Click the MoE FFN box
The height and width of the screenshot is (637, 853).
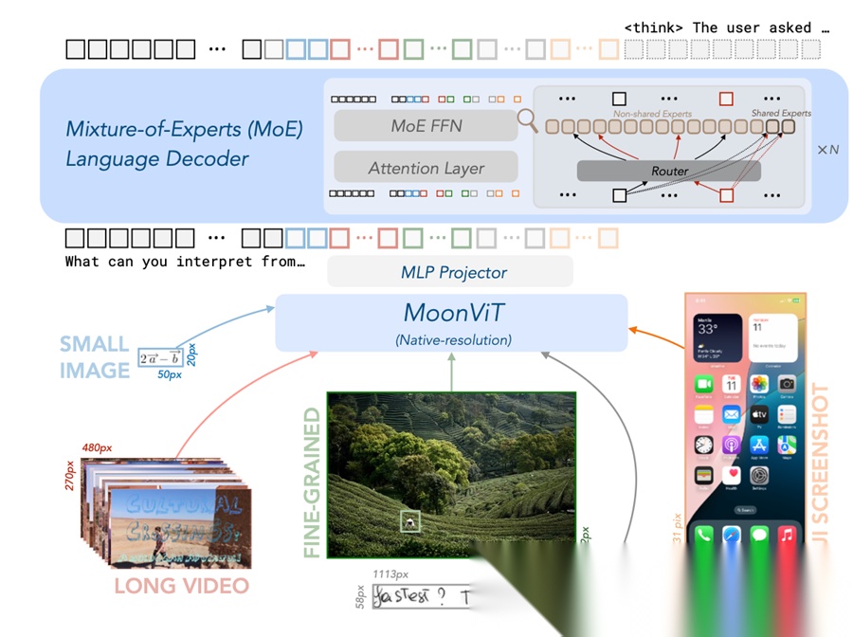(x=426, y=126)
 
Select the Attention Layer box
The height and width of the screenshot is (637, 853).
(x=426, y=168)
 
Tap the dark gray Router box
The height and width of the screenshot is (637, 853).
(x=668, y=171)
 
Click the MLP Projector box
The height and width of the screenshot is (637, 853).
(x=449, y=272)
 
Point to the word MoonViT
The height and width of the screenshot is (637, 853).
(x=450, y=312)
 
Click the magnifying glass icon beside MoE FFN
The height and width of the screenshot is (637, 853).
(x=527, y=121)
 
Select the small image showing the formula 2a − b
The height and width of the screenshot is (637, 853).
(x=160, y=358)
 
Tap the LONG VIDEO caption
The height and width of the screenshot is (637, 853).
(x=181, y=585)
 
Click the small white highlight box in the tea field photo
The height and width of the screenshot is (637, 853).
(x=408, y=519)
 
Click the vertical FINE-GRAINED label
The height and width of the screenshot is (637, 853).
(x=312, y=483)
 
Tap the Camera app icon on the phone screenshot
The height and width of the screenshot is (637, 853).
(x=786, y=384)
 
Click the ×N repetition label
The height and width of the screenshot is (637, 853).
(x=827, y=150)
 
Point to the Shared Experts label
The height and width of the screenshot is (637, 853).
(x=781, y=113)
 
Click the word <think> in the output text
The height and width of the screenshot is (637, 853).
(x=655, y=27)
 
